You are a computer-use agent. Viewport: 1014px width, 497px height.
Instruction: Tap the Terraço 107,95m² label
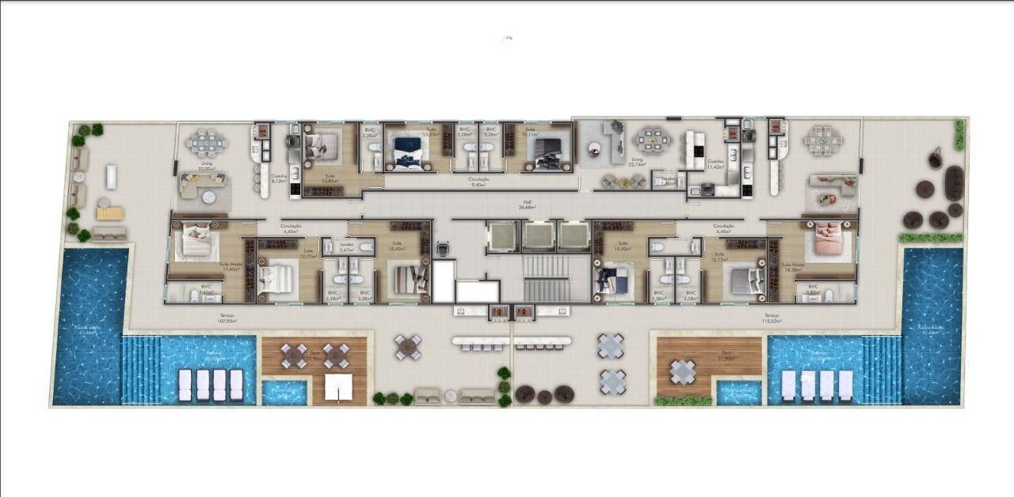228,318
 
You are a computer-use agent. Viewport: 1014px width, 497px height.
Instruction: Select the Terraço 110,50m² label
772,318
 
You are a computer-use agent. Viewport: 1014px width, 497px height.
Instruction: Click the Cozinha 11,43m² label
715,164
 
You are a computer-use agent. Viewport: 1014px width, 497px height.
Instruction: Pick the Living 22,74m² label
636,162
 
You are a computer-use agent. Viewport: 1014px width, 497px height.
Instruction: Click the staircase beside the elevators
547,279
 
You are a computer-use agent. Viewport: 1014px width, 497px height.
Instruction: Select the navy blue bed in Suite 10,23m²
409,150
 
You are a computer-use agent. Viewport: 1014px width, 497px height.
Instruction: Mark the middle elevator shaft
539,236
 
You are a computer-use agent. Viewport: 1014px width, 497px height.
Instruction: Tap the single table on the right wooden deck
683,371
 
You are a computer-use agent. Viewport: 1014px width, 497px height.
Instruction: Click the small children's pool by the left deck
284,392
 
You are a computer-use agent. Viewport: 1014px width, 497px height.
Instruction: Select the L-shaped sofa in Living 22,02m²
196,187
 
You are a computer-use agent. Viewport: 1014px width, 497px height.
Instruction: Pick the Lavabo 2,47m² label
346,248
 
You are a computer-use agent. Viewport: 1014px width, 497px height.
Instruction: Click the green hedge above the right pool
931,237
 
